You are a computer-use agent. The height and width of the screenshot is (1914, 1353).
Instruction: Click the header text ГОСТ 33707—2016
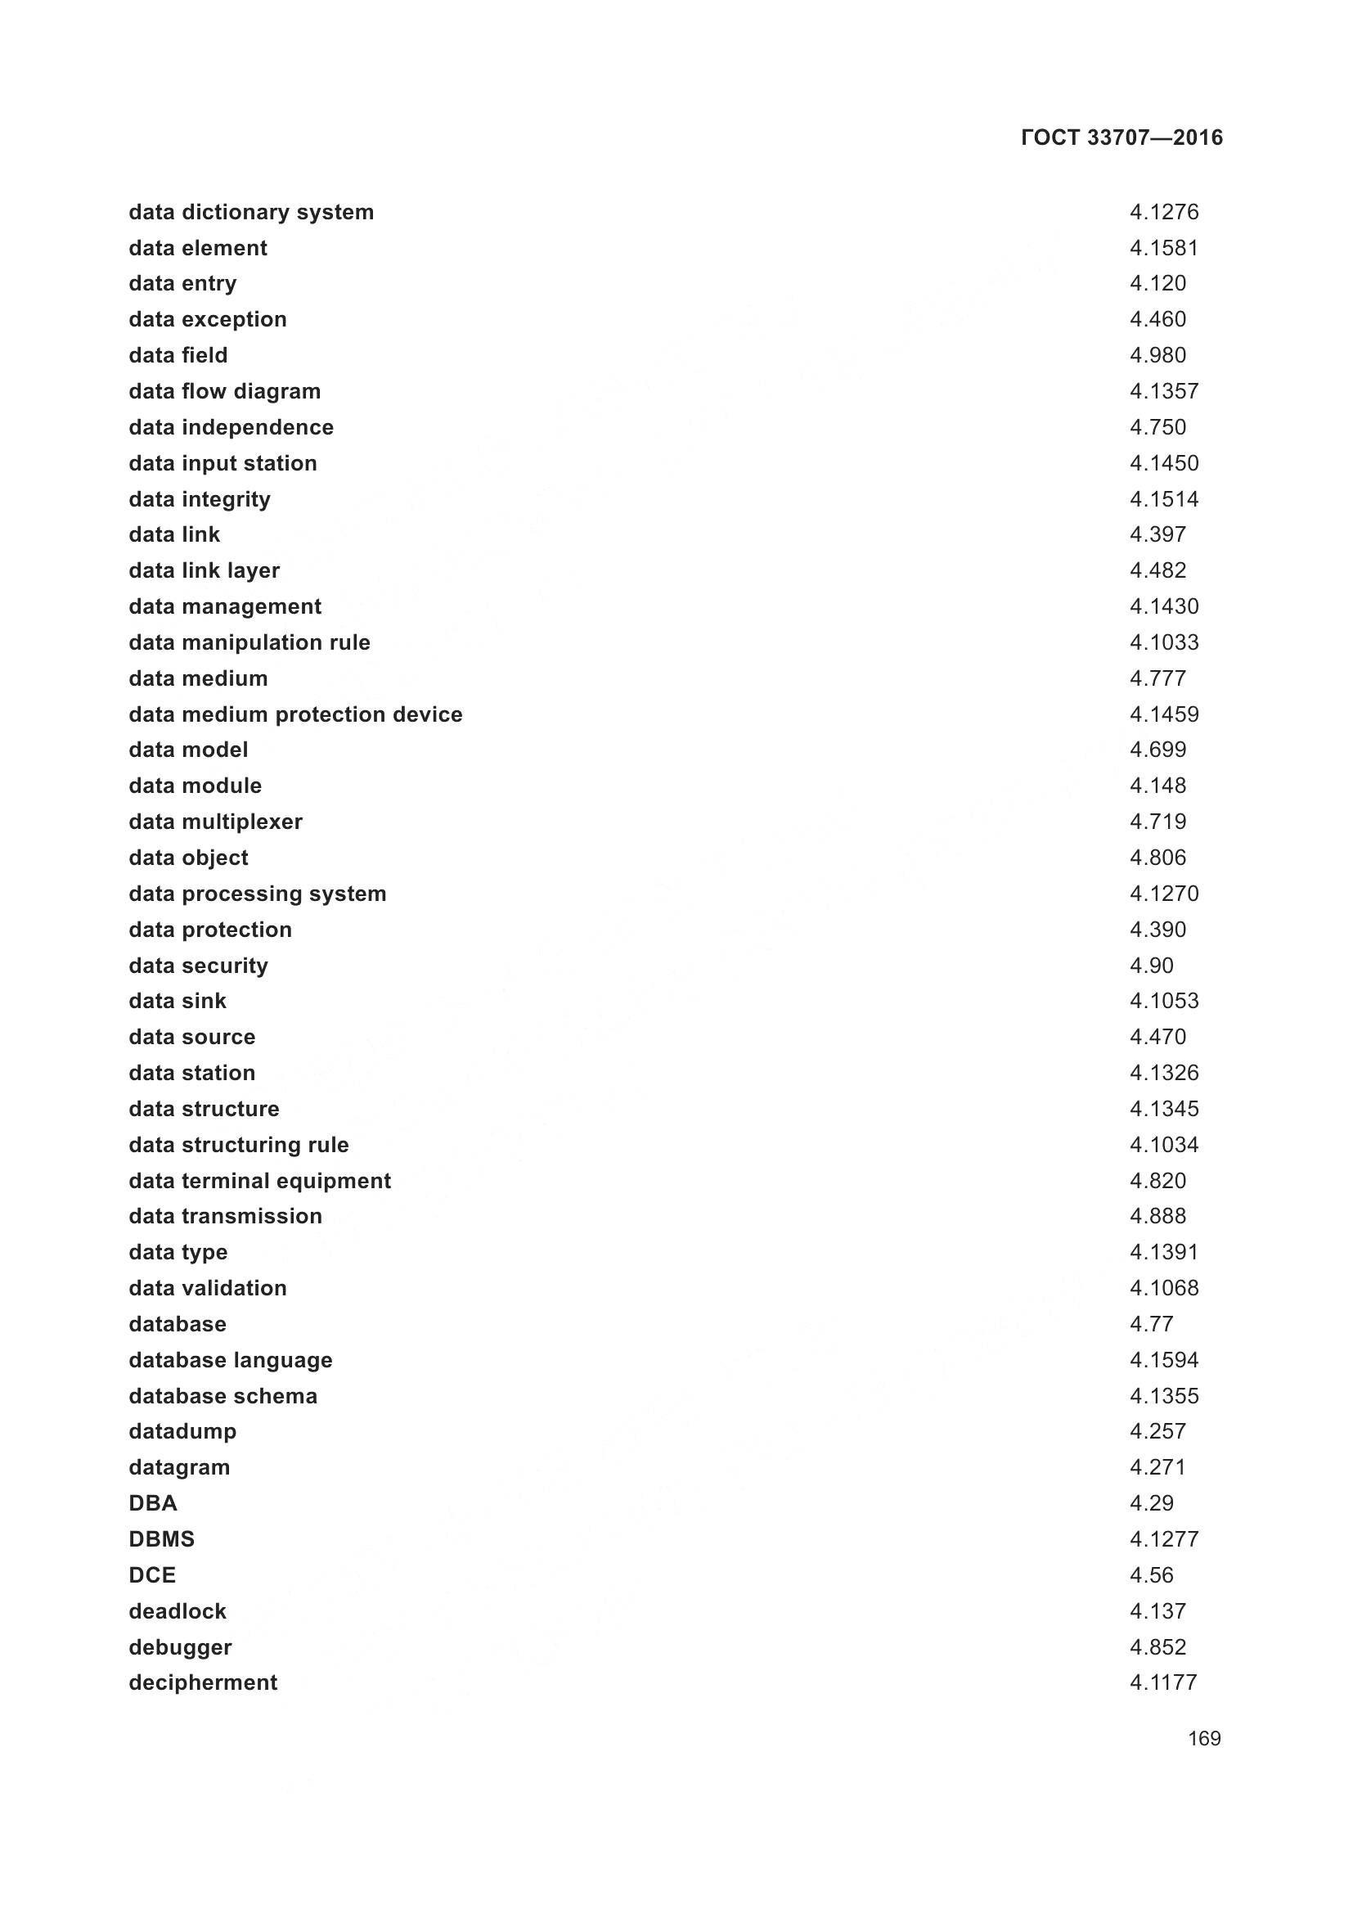coord(1122,137)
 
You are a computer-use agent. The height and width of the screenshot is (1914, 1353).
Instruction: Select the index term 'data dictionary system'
coord(251,212)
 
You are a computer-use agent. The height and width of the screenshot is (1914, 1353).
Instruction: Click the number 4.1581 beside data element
coord(1164,248)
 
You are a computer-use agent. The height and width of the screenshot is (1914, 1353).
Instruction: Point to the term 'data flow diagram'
coord(224,391)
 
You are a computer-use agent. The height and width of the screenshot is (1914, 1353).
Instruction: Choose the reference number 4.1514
coord(1164,498)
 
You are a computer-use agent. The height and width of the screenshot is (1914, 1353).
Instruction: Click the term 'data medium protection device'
coord(295,714)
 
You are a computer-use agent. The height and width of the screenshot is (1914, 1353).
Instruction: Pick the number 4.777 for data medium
coord(1157,678)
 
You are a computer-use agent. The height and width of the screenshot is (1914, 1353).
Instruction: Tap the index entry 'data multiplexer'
coord(215,822)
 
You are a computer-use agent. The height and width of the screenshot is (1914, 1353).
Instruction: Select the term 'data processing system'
coord(258,894)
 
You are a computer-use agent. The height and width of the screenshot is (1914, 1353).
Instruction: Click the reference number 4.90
coord(1152,966)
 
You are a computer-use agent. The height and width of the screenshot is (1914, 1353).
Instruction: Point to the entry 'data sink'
coord(178,1000)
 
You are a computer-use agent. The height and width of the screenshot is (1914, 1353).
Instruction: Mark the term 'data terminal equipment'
coord(259,1181)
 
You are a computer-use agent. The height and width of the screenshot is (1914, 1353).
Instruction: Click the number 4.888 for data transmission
coord(1157,1215)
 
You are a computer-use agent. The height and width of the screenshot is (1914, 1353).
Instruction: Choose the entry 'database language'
coord(230,1360)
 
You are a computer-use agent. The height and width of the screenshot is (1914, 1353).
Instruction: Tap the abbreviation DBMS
coord(162,1539)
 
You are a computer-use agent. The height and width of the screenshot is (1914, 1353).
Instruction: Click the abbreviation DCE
coord(152,1574)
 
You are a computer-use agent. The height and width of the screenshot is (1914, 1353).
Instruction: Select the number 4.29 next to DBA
coord(1152,1503)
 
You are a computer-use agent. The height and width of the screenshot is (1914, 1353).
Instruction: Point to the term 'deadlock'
coord(178,1610)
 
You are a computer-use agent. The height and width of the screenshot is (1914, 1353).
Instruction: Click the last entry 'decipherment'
coord(202,1682)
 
